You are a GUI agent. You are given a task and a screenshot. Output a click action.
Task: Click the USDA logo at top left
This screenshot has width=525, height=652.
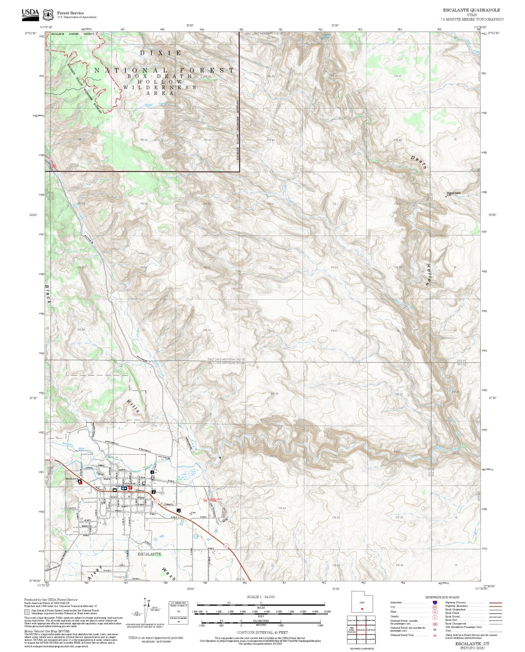[30, 13]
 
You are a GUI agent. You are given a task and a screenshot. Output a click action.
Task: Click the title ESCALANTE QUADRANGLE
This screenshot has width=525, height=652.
[471, 10]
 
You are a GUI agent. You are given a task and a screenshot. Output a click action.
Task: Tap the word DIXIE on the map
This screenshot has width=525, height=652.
[160, 53]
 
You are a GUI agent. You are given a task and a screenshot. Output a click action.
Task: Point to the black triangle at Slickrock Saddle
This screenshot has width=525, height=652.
[446, 197]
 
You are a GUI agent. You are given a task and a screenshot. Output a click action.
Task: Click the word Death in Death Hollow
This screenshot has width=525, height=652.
[419, 162]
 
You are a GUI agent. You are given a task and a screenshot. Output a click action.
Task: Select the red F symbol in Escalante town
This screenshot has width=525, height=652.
[130, 488]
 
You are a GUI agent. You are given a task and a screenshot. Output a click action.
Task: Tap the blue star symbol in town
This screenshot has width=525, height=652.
[122, 488]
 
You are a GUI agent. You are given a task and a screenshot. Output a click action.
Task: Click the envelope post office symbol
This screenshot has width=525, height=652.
[115, 490]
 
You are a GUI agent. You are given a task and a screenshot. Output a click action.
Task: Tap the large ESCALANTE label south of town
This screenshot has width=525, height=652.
[149, 554]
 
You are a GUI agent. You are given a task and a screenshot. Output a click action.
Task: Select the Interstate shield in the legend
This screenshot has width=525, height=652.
[435, 603]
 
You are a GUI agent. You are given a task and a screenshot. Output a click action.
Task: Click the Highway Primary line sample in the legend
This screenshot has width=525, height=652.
[495, 603]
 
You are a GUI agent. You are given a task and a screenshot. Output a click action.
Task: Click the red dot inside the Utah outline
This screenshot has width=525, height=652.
[362, 609]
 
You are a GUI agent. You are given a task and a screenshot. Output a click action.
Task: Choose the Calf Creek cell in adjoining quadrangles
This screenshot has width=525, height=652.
[371, 630]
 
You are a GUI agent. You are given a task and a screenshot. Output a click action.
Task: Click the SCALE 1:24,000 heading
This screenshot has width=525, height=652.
[261, 597]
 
